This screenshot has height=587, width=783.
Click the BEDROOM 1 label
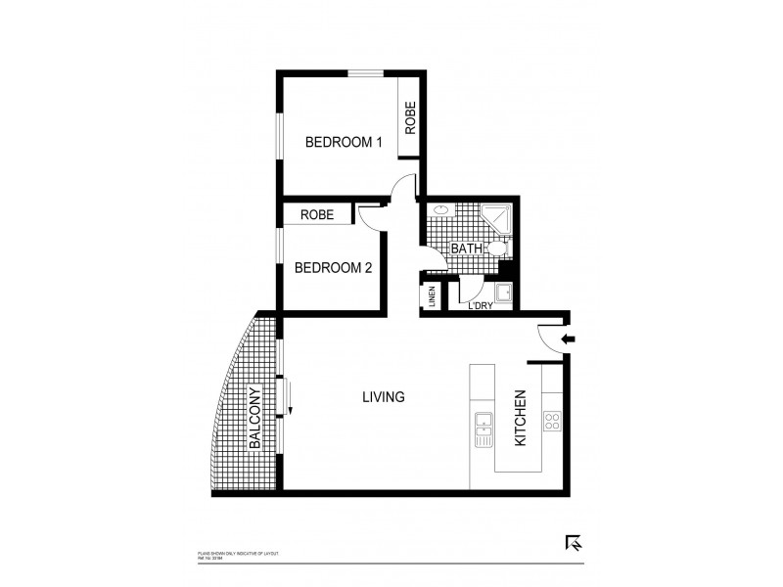tap(344, 142)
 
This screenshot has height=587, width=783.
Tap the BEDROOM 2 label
tap(333, 267)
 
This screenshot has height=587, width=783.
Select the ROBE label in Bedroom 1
tap(411, 119)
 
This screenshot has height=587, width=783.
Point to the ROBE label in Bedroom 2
tap(317, 214)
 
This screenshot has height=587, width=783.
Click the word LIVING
tap(384, 397)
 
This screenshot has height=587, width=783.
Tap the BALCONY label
tap(254, 419)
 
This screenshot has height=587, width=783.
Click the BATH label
tap(466, 248)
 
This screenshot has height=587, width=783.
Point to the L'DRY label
tap(480, 307)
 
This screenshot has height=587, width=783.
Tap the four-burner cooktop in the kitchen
tap(552, 423)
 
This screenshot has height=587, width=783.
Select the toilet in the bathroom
tap(497, 253)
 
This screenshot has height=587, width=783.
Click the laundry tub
tap(506, 293)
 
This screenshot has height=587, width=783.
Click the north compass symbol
tap(575, 543)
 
